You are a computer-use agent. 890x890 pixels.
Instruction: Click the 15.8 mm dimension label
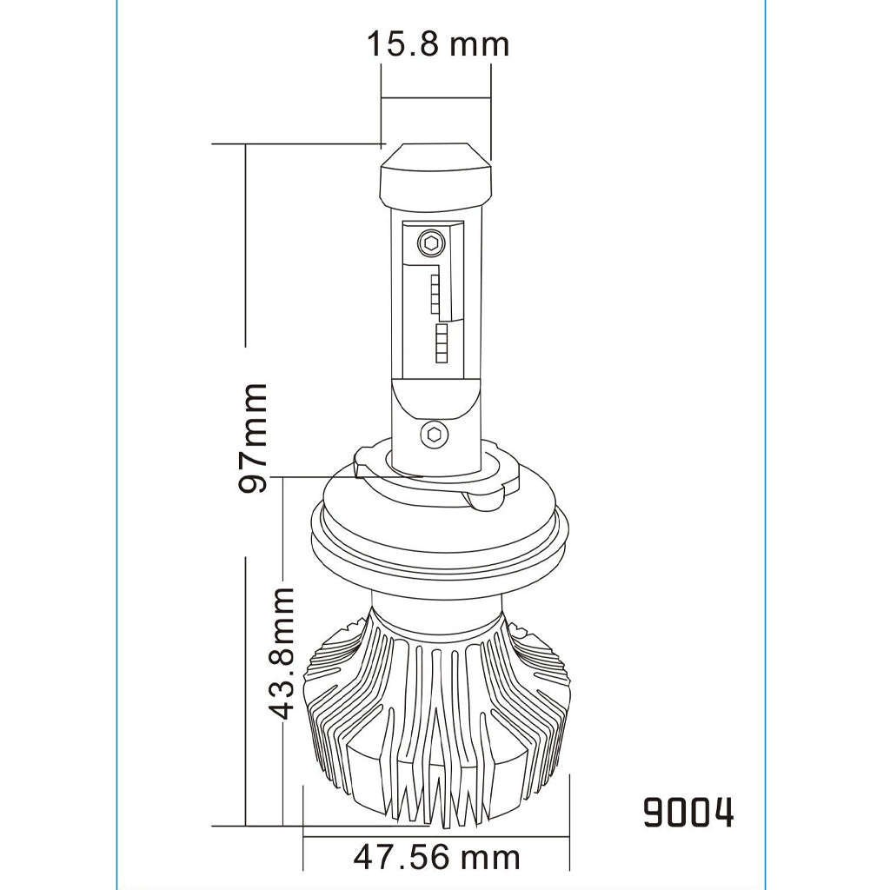(436, 43)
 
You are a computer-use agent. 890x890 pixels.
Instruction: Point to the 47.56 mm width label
(436, 857)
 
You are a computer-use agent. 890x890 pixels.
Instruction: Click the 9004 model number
(688, 813)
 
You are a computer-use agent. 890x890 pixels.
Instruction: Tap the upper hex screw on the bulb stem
(431, 242)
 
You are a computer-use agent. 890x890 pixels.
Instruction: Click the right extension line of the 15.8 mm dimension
(491, 113)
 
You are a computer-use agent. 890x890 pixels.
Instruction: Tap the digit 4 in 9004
(721, 813)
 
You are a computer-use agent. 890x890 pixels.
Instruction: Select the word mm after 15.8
(478, 43)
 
